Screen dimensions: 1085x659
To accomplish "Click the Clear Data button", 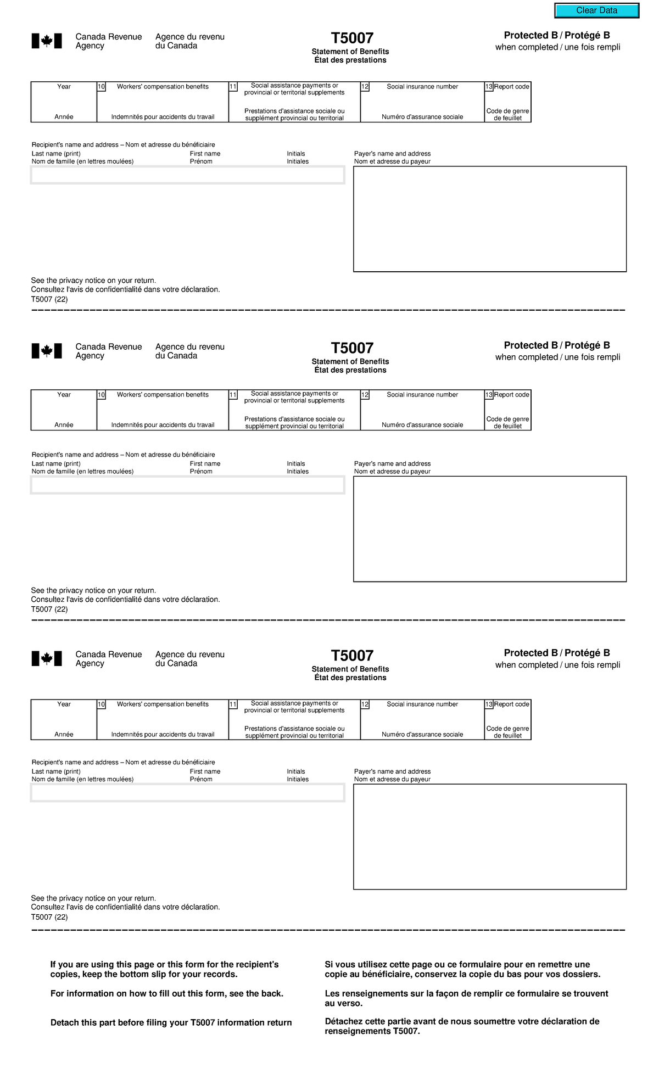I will tap(596, 10).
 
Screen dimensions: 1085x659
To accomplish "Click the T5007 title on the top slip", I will tap(352, 38).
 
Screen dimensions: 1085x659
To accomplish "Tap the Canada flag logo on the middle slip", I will tap(47, 351).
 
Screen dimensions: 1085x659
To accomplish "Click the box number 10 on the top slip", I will tap(101, 87).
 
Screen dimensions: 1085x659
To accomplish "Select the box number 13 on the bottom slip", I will tap(489, 704).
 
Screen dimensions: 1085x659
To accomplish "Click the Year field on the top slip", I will tap(64, 102).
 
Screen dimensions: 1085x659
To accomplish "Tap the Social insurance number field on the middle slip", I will tap(422, 410).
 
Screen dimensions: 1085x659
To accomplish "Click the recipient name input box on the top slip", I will tap(187, 175).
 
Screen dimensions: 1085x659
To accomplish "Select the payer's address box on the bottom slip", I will tap(489, 836).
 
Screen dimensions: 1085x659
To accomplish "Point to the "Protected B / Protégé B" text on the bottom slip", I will tap(557, 653).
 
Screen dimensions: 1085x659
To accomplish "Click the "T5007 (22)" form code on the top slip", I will tap(49, 299).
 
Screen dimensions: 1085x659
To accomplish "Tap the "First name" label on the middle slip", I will tap(205, 463).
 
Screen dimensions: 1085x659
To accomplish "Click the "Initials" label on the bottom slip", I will tap(296, 771).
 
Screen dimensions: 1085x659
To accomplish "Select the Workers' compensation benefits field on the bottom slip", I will tap(163, 720).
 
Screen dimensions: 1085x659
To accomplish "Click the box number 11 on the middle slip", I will tap(233, 395).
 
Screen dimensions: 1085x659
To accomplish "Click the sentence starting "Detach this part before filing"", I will tap(171, 1022).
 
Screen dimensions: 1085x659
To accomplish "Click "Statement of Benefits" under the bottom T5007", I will tap(350, 669).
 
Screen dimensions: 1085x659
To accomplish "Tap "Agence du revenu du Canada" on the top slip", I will tap(189, 41).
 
